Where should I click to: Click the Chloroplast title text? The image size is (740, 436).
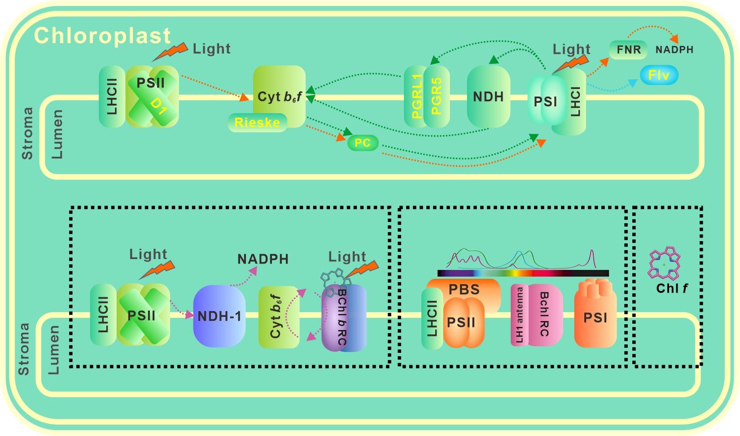(102, 35)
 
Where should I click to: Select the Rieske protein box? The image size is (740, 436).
(257, 122)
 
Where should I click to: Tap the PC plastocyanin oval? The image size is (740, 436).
(363, 143)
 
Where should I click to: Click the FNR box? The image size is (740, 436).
(628, 49)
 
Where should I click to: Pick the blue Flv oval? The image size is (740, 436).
(659, 75)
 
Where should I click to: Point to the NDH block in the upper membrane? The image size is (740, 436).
(488, 96)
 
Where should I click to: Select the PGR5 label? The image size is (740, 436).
(437, 97)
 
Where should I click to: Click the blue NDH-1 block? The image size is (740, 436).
(219, 316)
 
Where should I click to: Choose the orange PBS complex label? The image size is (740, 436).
(464, 290)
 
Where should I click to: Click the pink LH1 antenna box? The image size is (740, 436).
(520, 315)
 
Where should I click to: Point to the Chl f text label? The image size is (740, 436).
(672, 288)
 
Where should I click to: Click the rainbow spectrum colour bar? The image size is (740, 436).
(523, 273)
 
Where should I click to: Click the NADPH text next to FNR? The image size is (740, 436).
(674, 50)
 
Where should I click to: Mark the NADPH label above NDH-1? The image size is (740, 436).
(263, 260)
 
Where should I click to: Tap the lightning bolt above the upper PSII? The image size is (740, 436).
(170, 52)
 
